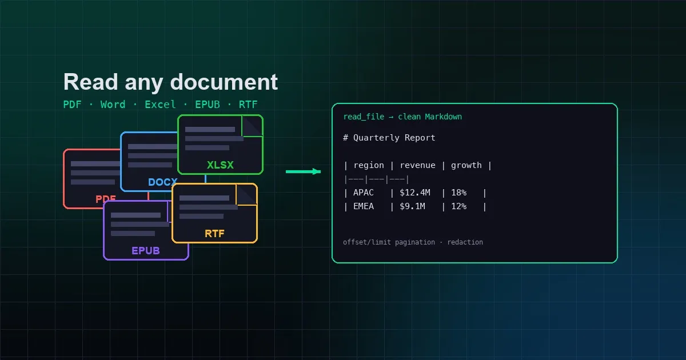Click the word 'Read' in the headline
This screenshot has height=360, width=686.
[x=91, y=82]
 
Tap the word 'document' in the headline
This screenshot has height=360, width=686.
[x=224, y=82]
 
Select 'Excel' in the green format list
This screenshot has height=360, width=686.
[x=160, y=105]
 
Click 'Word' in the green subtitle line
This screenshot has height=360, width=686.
[x=113, y=105]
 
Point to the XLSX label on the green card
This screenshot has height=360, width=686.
[x=220, y=165]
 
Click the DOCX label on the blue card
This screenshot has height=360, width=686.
[x=162, y=182]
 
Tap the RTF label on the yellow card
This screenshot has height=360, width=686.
[x=214, y=234]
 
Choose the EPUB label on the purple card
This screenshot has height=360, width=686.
[x=146, y=251]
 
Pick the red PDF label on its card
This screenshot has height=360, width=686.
[x=106, y=199]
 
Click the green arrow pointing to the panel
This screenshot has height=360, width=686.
[x=303, y=171]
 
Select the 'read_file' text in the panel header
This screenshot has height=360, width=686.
[x=364, y=117]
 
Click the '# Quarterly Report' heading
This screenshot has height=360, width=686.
[x=389, y=138]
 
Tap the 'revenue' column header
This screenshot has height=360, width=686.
[x=418, y=165]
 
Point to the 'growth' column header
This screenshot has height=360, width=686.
[x=466, y=166]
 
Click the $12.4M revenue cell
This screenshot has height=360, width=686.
[x=415, y=193]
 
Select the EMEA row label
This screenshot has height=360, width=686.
[x=364, y=206]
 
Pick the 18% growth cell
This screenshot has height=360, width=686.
[x=458, y=193]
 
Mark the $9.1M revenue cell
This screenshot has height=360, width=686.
[x=413, y=206]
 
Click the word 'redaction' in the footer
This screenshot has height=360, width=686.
[x=465, y=242]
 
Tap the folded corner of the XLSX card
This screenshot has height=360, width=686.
[x=252, y=126]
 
